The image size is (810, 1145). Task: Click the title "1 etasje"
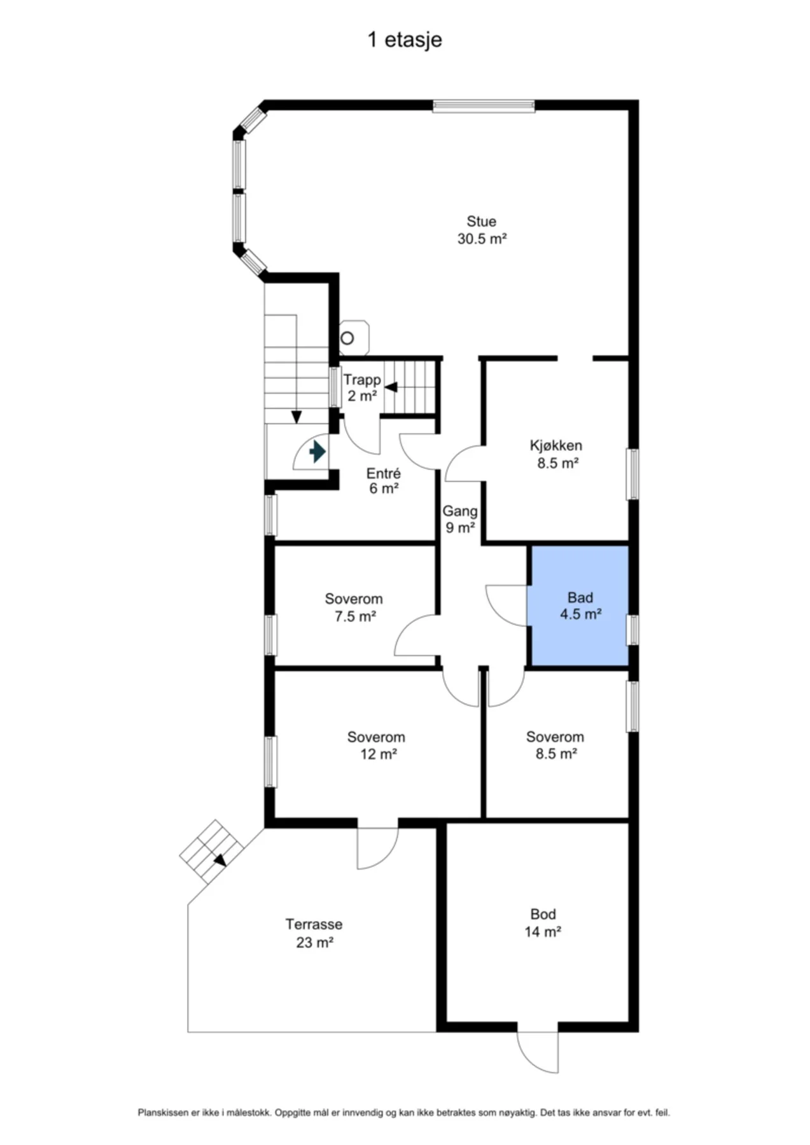(x=405, y=40)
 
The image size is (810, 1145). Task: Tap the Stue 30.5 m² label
(x=482, y=230)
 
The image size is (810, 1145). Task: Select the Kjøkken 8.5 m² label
(x=557, y=454)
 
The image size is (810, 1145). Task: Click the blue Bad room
(x=580, y=606)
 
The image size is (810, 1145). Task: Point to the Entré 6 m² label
(x=384, y=481)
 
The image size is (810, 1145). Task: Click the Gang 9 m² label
(x=460, y=519)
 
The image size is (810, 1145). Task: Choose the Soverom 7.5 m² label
(x=354, y=607)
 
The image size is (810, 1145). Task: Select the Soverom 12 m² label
(x=376, y=746)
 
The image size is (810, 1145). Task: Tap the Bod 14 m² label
(x=543, y=923)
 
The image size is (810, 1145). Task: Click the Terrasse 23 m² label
(x=314, y=933)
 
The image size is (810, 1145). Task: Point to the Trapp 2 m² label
(x=362, y=387)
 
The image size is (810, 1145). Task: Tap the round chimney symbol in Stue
(x=347, y=338)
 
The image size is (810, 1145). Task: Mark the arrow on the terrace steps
(x=220, y=860)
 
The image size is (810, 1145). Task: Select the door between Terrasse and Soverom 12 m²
(x=377, y=848)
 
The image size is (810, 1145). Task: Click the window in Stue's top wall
(x=484, y=106)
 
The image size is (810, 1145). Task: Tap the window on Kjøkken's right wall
(x=633, y=474)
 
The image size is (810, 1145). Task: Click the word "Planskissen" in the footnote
(x=163, y=1113)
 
